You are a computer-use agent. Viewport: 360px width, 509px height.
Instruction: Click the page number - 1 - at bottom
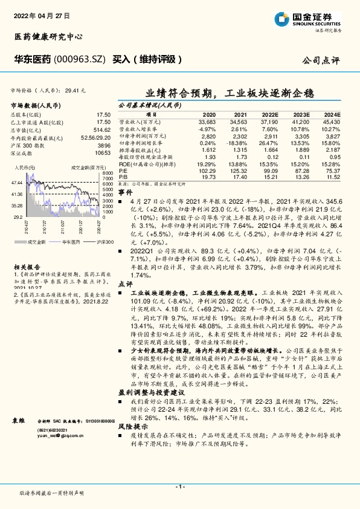(179, 485)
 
